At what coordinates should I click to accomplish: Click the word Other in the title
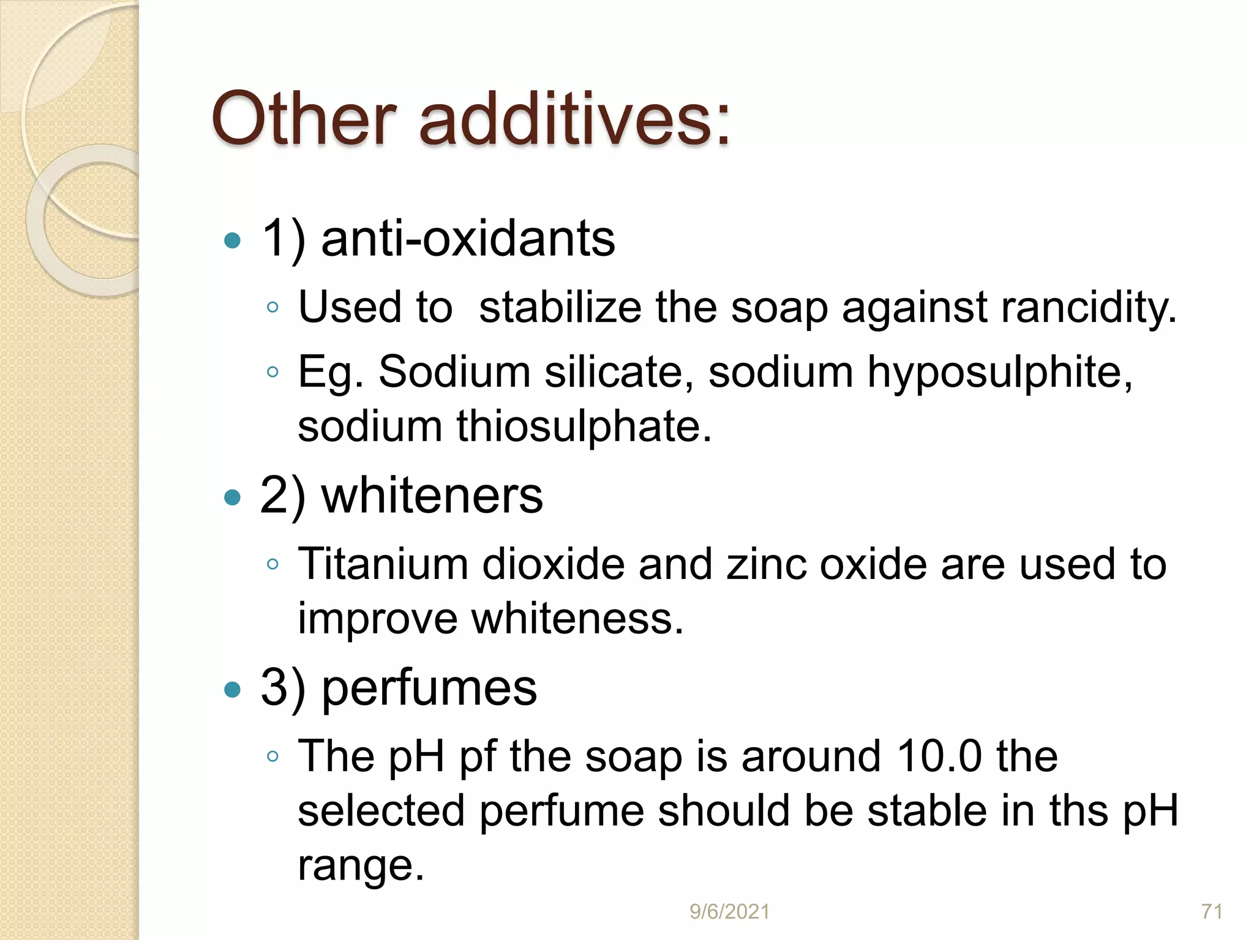(x=304, y=119)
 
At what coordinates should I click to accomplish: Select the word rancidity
(x=1088, y=307)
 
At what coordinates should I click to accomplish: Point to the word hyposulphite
(x=999, y=372)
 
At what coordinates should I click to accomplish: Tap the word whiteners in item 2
(x=432, y=496)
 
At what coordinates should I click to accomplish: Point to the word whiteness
(x=577, y=618)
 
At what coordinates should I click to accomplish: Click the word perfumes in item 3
(x=429, y=688)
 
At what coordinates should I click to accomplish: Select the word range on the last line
(x=360, y=865)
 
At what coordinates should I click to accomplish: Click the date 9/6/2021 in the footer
(x=729, y=912)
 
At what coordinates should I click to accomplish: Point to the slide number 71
(x=1212, y=912)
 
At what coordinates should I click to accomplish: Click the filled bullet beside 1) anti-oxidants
(x=233, y=241)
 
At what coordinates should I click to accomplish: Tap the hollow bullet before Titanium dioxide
(x=273, y=564)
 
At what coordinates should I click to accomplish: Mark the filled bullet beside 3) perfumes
(x=233, y=690)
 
